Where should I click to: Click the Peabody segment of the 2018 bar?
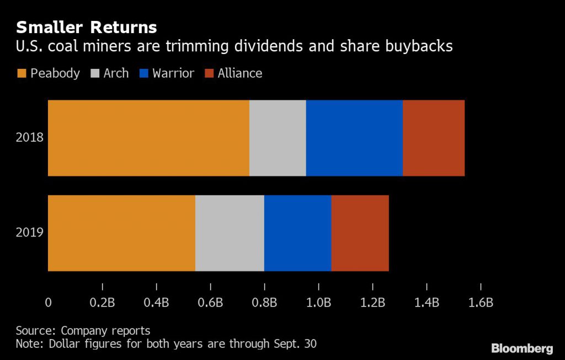(148, 138)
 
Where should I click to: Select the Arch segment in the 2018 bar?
(278, 138)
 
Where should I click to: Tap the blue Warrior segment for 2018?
(354, 138)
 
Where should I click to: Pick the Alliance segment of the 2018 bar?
(434, 138)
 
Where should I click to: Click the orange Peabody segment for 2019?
(121, 233)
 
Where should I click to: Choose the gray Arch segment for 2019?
(230, 233)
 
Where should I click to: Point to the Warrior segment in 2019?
(297, 233)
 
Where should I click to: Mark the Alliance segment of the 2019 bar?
(360, 233)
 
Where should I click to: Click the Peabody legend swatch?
(22, 73)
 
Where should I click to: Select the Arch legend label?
(116, 73)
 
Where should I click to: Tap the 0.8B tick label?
(264, 302)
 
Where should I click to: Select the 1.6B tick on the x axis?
(481, 302)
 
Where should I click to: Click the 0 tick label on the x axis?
(48, 302)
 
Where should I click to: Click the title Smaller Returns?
(86, 28)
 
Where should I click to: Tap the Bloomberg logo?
(522, 348)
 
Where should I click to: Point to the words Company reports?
(105, 331)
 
